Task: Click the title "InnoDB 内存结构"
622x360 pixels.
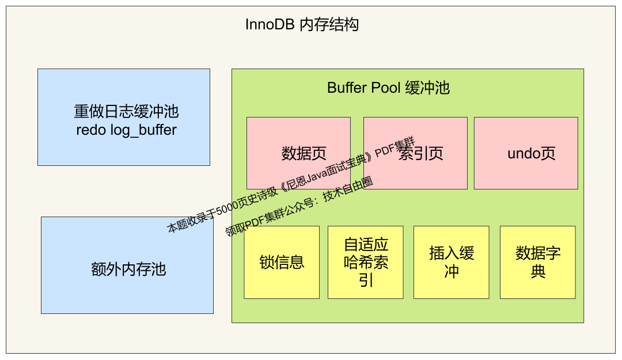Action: (x=302, y=25)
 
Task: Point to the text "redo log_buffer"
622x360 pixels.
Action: (x=126, y=130)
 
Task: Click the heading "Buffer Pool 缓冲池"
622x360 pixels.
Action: (x=388, y=88)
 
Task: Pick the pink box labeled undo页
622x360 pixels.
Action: (x=526, y=173)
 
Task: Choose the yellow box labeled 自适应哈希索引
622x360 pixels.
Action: (x=365, y=262)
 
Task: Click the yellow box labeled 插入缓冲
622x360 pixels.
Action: (x=451, y=262)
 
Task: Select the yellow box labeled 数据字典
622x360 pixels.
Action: (x=537, y=262)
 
